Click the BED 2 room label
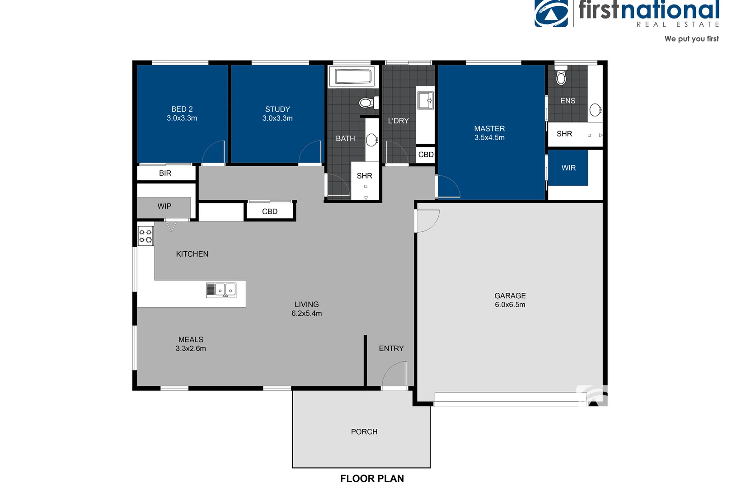tap(182, 113)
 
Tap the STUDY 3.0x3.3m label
tap(277, 113)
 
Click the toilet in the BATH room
tap(368, 103)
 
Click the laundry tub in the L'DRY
tap(425, 100)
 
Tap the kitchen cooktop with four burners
tap(145, 236)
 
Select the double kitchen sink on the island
tap(221, 290)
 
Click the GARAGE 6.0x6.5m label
tap(510, 300)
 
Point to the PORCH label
tap(364, 432)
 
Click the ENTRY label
tap(391, 348)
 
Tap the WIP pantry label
tap(164, 206)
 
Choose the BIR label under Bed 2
tap(165, 173)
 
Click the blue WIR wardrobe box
tap(568, 168)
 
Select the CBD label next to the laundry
tap(426, 155)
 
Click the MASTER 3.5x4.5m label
tap(489, 133)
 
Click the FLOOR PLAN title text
tap(372, 479)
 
